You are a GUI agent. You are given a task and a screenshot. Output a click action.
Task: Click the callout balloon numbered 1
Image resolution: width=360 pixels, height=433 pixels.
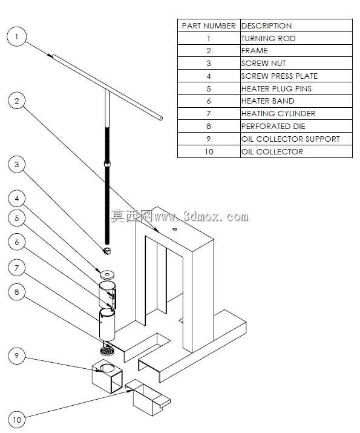[x=16, y=36]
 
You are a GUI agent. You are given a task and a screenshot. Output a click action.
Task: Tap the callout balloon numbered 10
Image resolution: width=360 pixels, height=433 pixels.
[x=16, y=420]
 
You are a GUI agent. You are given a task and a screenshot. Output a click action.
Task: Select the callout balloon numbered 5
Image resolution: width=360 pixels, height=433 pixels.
[x=16, y=218]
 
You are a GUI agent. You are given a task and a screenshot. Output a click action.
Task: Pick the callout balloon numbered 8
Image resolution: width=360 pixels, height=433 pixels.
[x=16, y=292]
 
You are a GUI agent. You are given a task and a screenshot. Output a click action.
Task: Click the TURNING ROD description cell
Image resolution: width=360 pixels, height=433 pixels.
[x=296, y=38]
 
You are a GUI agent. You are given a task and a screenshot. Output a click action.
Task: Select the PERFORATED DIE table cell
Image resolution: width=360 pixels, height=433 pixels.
[x=296, y=126]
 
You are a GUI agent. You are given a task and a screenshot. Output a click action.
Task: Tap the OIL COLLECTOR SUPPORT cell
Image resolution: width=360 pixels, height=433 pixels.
[x=296, y=139]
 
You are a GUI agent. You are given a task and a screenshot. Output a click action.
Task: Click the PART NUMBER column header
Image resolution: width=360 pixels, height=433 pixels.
[x=209, y=25]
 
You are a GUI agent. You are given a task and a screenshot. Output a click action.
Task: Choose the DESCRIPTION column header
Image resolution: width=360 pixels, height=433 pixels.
[x=296, y=25]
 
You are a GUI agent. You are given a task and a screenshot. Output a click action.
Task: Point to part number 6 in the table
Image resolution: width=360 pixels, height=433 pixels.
[x=209, y=101]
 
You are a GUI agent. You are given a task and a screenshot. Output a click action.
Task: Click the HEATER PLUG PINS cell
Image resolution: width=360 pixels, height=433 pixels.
[x=296, y=88]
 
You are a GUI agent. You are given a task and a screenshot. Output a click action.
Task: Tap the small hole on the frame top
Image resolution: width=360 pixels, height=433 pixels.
[x=174, y=229]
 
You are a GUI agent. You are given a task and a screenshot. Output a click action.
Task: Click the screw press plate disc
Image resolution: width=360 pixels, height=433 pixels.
[x=108, y=274]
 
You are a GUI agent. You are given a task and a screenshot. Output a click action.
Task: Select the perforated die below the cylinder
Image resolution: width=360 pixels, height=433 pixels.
[x=107, y=351]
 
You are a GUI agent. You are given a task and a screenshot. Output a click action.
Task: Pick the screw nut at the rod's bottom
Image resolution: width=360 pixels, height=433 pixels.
[x=107, y=251]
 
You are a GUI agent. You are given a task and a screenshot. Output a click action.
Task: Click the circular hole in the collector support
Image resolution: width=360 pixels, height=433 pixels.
[x=107, y=368]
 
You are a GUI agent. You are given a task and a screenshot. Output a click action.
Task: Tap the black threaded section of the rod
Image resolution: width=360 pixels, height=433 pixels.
[x=107, y=185]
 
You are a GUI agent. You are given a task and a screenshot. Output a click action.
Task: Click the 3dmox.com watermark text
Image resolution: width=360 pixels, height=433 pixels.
[x=179, y=216]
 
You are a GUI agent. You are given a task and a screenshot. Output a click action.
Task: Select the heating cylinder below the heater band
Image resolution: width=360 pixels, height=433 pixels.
[x=107, y=325]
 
